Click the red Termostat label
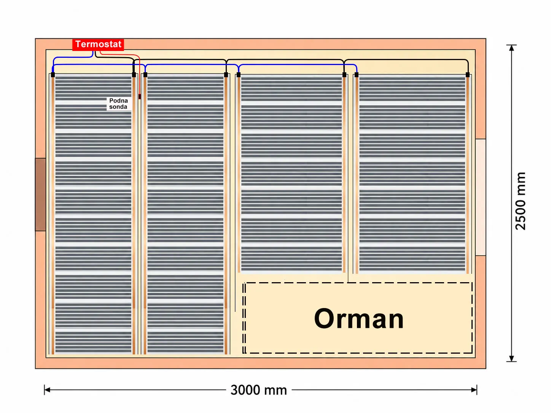(98, 44)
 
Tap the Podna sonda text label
(118, 103)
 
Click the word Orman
(359, 319)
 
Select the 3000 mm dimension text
(259, 390)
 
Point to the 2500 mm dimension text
(520, 201)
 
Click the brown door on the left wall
(40, 194)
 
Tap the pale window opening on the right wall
(481, 197)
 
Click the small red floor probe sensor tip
(140, 97)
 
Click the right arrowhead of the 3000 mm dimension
(474, 390)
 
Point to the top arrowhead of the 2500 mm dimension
(511, 48)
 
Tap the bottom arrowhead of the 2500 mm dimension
(511, 359)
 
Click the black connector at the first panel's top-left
(53, 75)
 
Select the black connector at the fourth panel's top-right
(468, 75)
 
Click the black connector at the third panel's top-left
(239, 75)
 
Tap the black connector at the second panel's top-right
(226, 75)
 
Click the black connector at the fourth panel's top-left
(357, 75)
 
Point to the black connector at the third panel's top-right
(344, 75)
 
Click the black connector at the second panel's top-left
(145, 75)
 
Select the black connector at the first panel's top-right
(134, 75)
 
